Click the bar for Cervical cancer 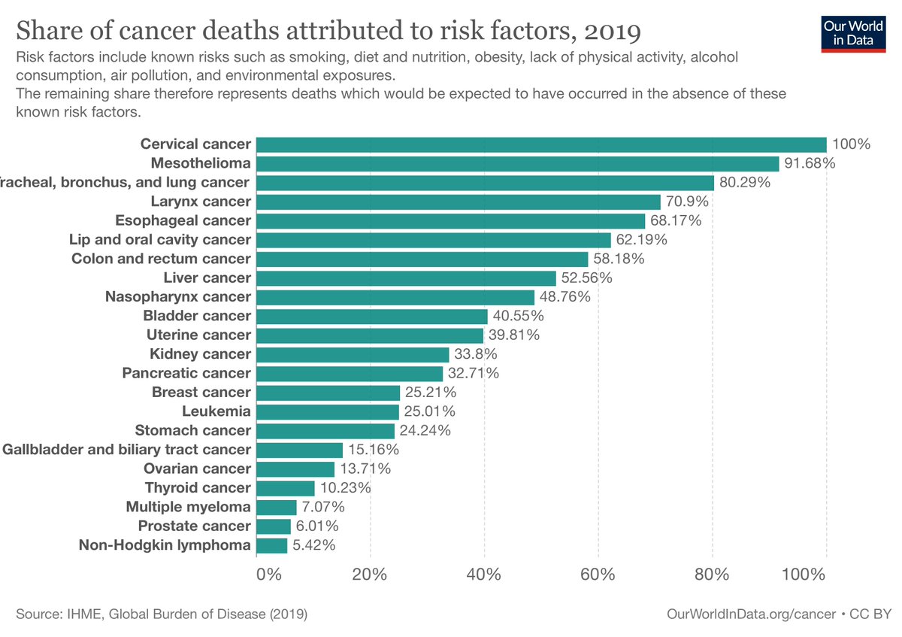541,144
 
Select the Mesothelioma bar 518,163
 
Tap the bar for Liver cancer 406,278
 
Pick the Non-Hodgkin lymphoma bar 272,544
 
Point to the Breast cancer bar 328,392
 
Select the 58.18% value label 619,259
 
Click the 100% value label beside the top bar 851,144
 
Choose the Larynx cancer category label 200,202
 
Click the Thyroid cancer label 198,487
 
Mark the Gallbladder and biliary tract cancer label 126,450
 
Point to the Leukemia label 216,411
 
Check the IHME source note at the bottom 162,614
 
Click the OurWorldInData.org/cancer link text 751,614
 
